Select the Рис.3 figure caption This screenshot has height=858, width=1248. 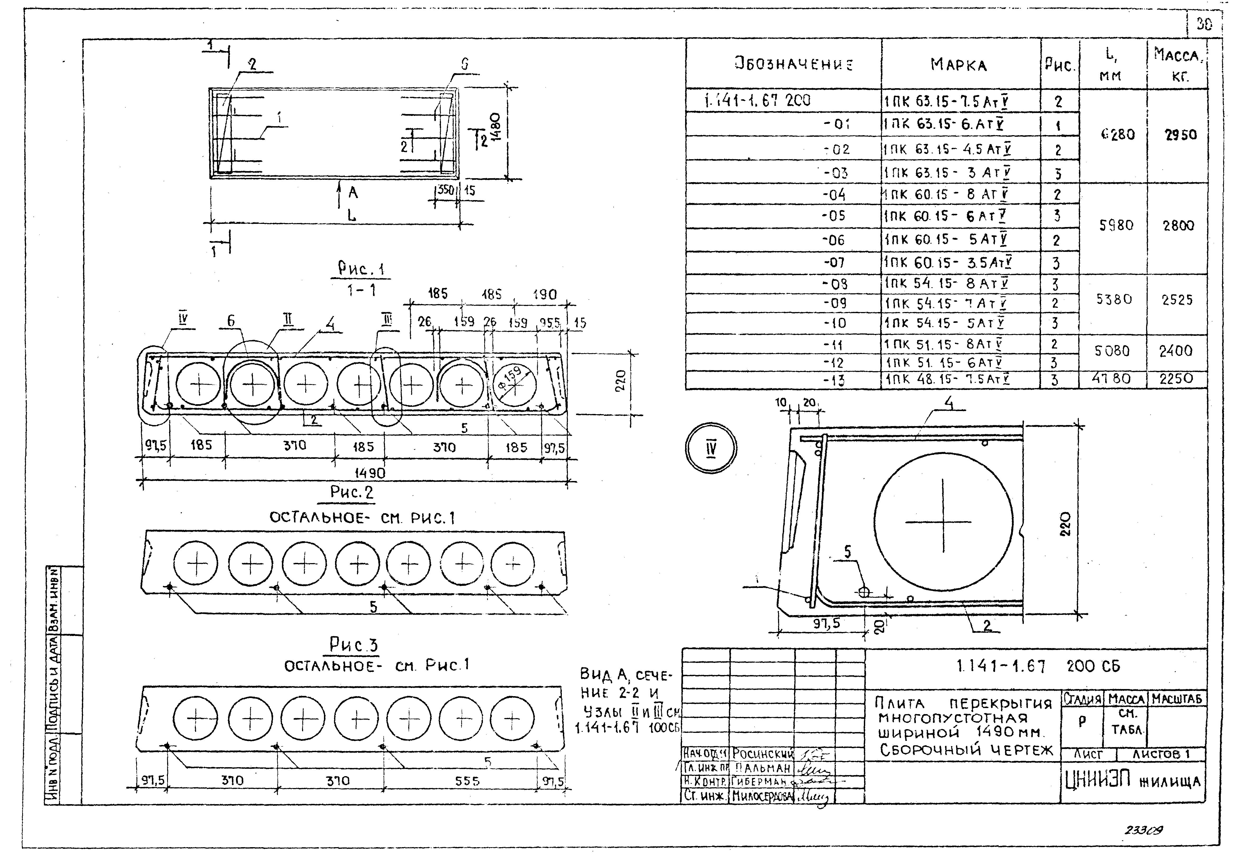pos(354,644)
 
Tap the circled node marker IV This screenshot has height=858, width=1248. pos(710,448)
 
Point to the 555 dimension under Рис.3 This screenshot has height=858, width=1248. pos(467,781)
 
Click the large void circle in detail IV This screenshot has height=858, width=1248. pos(943,521)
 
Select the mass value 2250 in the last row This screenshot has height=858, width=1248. pos(1176,379)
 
